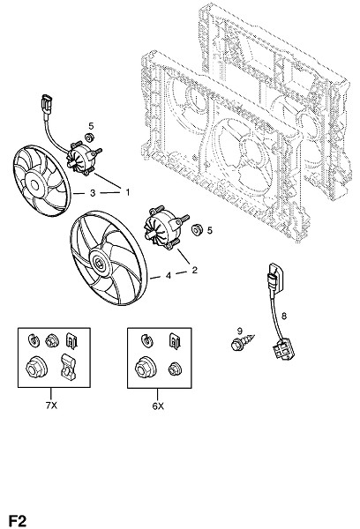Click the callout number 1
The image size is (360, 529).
coord(128,192)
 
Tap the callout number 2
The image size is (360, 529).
coord(194,270)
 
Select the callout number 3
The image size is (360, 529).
coord(93,193)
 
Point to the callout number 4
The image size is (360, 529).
coord(169,276)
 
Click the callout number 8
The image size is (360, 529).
coord(284,317)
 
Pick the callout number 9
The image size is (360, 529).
coord(240,331)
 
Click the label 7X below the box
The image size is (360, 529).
coord(51,406)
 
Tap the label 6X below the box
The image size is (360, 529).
coord(158,406)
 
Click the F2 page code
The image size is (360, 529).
coord(18,521)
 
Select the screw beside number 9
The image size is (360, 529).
coord(243,342)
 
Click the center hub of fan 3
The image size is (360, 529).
coord(35,185)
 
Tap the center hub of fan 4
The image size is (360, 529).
coord(100,262)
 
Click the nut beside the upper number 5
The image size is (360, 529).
coord(90,138)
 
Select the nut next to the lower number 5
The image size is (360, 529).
coord(196,230)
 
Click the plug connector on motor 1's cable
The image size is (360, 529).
coord(46,104)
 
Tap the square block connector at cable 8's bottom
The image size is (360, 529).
coord(283,351)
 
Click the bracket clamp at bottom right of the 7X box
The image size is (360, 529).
coord(68,367)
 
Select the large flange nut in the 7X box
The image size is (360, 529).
coord(36,367)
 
